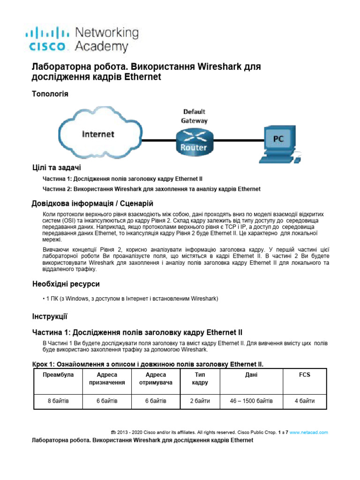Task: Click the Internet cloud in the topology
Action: [x=99, y=135]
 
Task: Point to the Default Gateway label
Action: [x=194, y=116]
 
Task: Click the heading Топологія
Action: [x=50, y=94]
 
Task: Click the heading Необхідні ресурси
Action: [x=66, y=284]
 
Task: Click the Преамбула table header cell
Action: [x=58, y=375]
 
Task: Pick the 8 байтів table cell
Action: [x=58, y=401]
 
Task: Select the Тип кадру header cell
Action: [x=200, y=379]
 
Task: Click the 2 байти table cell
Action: [x=200, y=401]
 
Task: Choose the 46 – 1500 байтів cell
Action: [x=251, y=401]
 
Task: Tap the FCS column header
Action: [x=305, y=375]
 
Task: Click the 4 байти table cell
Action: [x=305, y=401]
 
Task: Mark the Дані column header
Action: [x=251, y=375]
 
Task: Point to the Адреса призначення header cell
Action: [x=107, y=379]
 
